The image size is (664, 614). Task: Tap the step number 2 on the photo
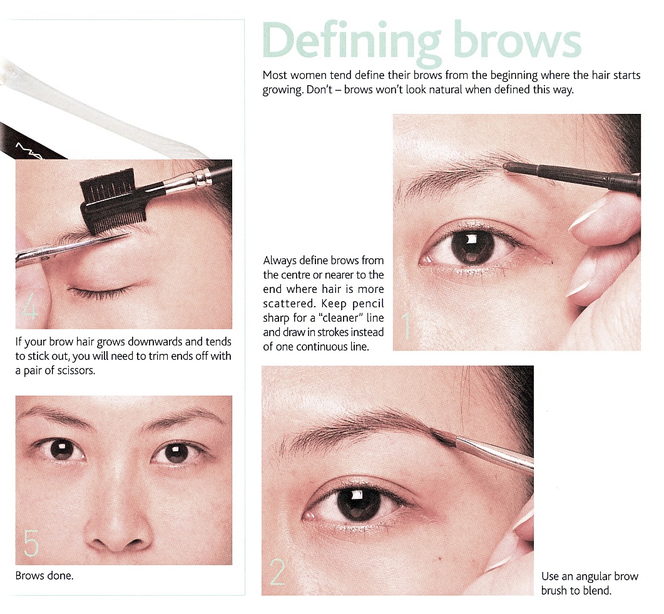point(277,570)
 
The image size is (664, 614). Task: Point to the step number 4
point(29,309)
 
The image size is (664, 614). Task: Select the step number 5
point(31,543)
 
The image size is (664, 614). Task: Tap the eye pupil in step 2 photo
point(359,503)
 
